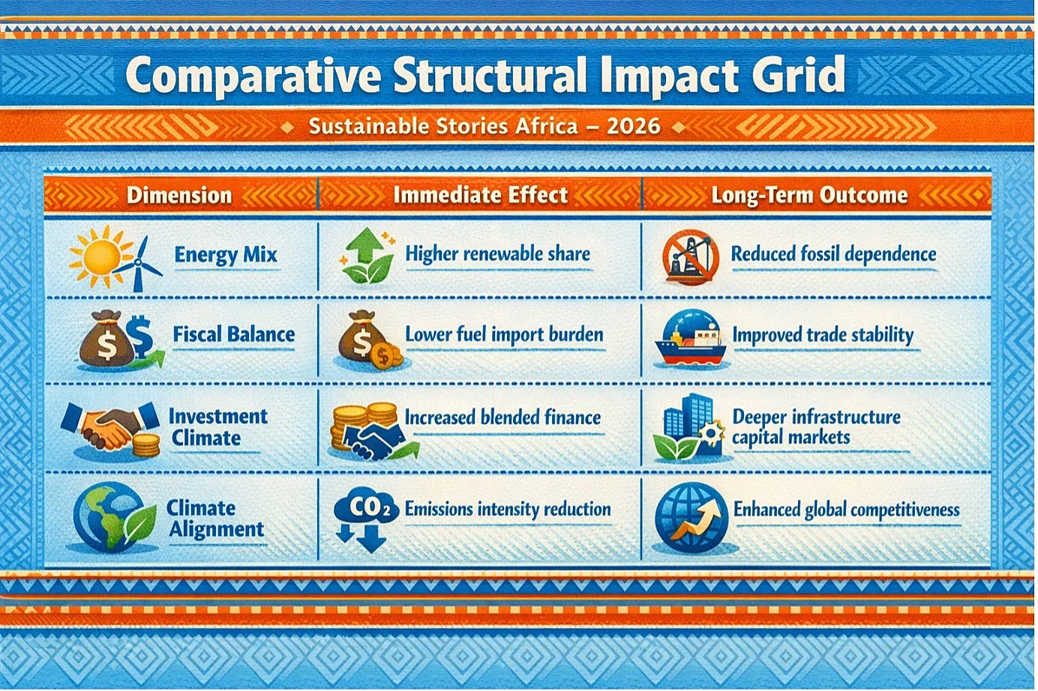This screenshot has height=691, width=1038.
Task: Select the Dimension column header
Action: (179, 195)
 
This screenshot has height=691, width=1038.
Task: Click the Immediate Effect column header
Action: (480, 195)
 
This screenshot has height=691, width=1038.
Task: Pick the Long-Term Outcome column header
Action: (809, 195)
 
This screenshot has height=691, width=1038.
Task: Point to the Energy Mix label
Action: (226, 255)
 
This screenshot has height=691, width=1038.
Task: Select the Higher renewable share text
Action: (498, 254)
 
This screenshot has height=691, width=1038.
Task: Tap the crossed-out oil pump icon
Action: (691, 256)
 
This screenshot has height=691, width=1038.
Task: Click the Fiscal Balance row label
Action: (233, 334)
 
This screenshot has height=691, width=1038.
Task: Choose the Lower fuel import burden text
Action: (504, 334)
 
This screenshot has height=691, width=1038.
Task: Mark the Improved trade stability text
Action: (823, 335)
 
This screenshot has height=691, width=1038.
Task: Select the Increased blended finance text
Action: (502, 417)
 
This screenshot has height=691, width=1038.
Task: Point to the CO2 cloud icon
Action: (366, 519)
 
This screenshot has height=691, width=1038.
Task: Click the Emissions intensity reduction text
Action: (508, 509)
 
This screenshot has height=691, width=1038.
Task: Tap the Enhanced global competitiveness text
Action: (846, 510)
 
